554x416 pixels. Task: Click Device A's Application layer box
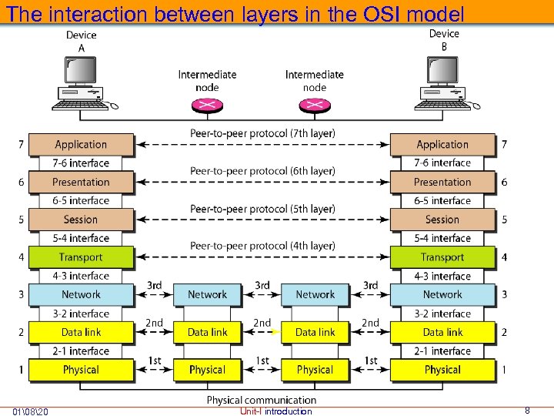point(81,144)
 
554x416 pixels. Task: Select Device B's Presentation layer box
point(442,182)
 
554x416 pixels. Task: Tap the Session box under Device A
point(81,220)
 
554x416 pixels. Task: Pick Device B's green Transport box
point(442,257)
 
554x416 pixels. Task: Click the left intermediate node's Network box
point(208,294)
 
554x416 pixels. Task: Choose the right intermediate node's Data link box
point(315,332)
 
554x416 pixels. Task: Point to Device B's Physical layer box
point(442,370)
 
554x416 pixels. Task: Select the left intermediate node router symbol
point(207,106)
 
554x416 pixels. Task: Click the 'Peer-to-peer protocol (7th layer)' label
point(262,133)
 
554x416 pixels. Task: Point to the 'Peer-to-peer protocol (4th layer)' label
point(262,246)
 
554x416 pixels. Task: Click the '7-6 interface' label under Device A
point(81,163)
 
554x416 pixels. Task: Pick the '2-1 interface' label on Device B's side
point(442,351)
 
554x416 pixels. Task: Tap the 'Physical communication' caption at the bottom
point(262,400)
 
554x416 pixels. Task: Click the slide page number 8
point(527,411)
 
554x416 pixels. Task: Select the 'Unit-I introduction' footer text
point(275,411)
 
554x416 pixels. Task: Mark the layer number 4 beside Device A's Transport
point(21,257)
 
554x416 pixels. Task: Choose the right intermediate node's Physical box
point(315,370)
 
